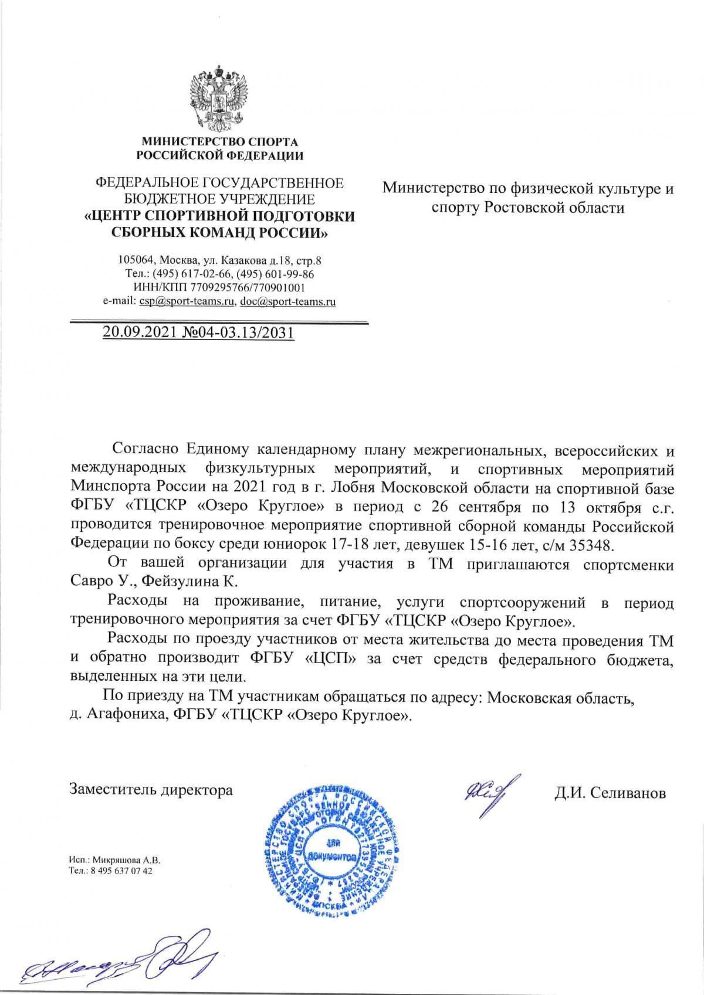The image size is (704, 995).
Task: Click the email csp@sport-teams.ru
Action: coord(187,302)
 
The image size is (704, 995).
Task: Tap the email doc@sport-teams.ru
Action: coord(287,302)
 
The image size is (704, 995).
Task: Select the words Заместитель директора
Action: coord(151,790)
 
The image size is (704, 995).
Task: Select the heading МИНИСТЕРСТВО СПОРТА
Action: coord(219,141)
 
